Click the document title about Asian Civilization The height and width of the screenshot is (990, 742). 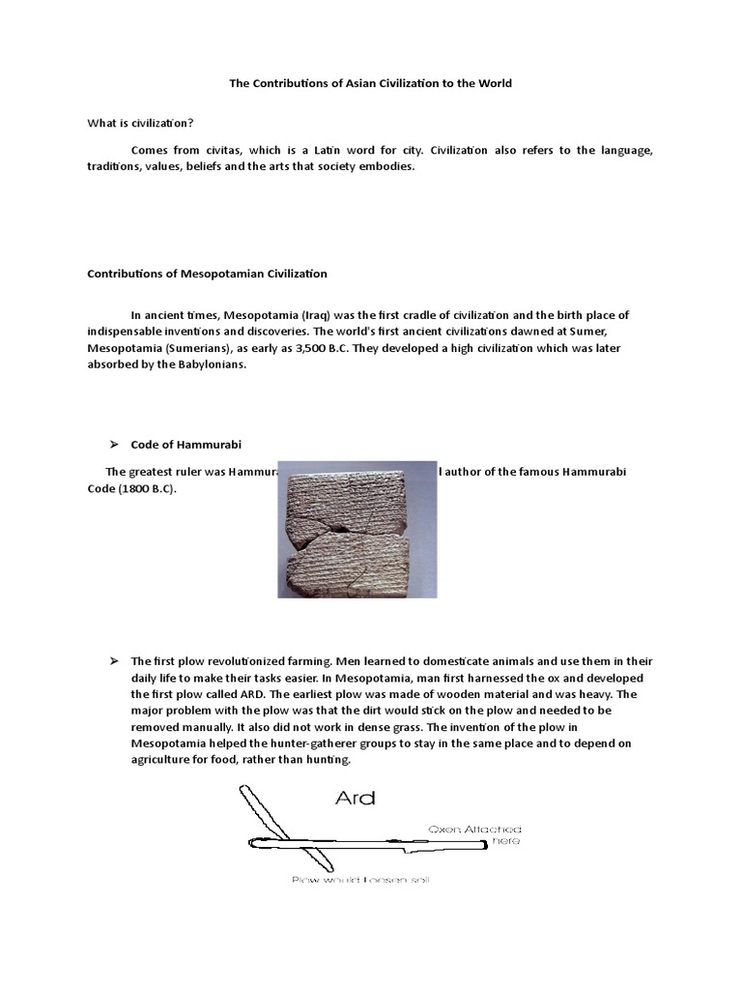pyautogui.click(x=370, y=83)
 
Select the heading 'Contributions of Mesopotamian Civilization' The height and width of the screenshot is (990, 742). pyautogui.click(x=208, y=274)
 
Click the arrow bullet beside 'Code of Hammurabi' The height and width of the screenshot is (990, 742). pyautogui.click(x=112, y=444)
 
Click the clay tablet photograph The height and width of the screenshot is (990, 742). pyautogui.click(x=357, y=529)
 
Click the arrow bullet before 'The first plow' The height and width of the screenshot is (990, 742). pyautogui.click(x=112, y=661)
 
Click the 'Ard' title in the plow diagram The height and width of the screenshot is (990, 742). pyautogui.click(x=355, y=799)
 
